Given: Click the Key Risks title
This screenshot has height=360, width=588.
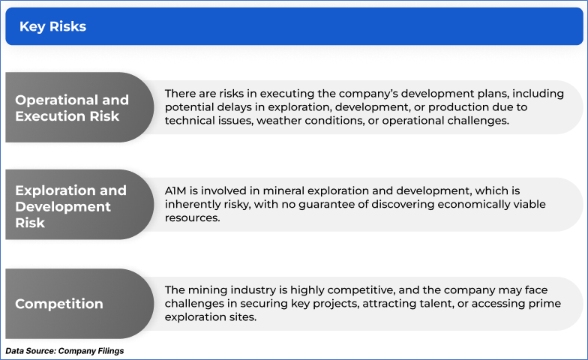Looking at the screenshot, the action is (x=52, y=27).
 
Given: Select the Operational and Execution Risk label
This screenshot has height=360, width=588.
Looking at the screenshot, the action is (x=72, y=108).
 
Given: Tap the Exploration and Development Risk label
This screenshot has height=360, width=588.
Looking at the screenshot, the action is (x=70, y=206).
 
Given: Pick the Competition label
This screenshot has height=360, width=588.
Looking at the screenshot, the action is (x=59, y=304).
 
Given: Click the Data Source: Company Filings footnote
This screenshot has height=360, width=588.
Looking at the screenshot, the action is (x=64, y=351).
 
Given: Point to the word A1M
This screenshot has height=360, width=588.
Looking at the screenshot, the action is (x=175, y=190).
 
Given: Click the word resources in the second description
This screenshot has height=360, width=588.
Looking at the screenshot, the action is (x=192, y=218).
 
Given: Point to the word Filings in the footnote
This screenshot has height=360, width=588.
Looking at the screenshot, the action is (x=111, y=351).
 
